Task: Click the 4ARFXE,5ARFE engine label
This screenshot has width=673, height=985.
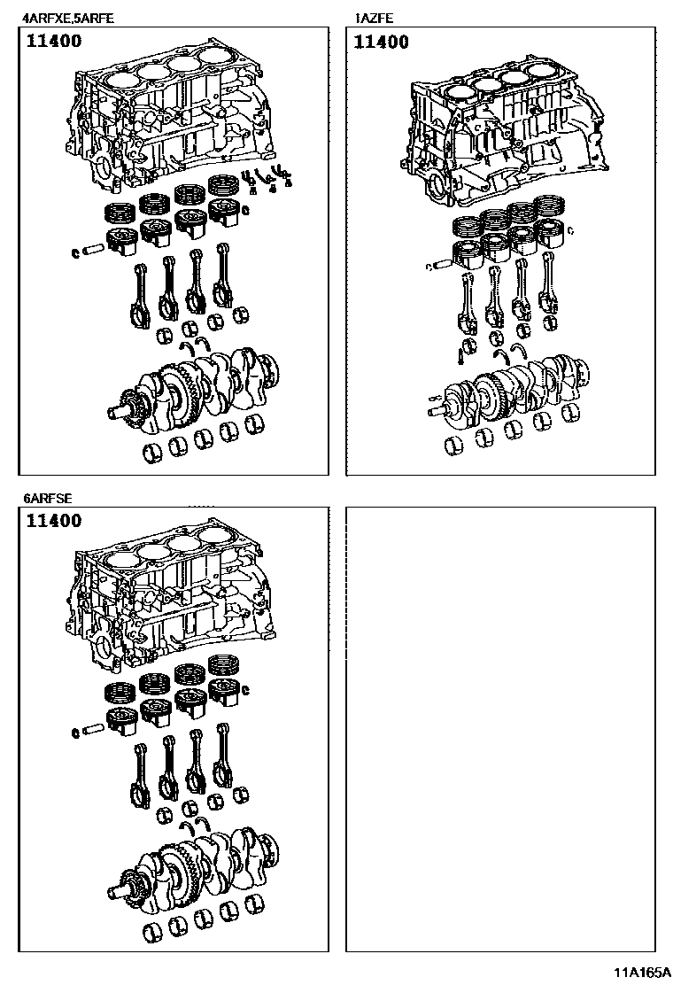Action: click(x=68, y=19)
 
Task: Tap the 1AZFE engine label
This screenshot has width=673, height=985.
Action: click(x=375, y=19)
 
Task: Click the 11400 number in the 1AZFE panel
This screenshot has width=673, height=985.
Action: click(x=381, y=43)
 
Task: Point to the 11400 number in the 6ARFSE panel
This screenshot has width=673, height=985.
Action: click(x=54, y=521)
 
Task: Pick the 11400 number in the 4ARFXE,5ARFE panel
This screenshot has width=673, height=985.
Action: click(x=54, y=41)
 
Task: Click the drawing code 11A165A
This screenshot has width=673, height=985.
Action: click(x=642, y=973)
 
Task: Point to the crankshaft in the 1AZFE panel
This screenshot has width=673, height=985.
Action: click(x=508, y=394)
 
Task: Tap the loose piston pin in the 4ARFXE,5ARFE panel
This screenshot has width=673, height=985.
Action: click(x=92, y=250)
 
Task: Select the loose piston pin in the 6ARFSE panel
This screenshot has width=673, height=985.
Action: click(x=92, y=730)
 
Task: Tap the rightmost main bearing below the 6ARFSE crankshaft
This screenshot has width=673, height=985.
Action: click(x=254, y=905)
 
